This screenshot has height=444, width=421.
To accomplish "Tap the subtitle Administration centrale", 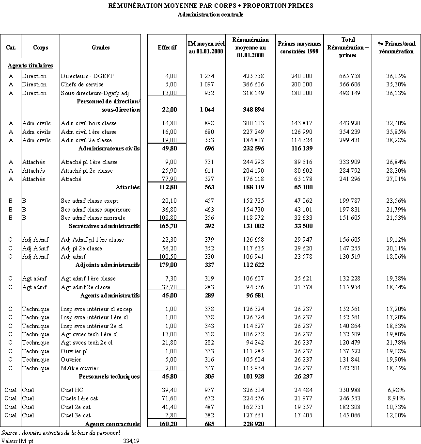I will (x=210, y=14).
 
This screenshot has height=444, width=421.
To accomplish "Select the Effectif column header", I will (x=167, y=48).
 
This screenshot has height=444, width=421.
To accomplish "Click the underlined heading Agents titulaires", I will (x=30, y=65).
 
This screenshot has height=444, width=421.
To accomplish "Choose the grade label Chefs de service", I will (x=82, y=84).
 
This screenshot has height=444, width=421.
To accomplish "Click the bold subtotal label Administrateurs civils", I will (x=109, y=148).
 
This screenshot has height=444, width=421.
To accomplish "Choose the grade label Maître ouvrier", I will (x=80, y=368).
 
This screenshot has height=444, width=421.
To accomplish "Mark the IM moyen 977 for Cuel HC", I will (x=206, y=390).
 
